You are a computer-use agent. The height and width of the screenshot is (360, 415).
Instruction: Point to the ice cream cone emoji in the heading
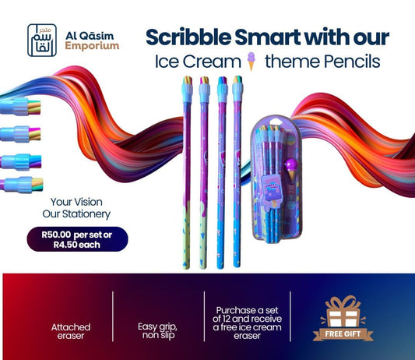250,62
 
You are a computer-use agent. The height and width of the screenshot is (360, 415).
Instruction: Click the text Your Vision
73,199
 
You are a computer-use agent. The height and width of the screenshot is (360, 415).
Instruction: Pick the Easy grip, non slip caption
159,330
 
